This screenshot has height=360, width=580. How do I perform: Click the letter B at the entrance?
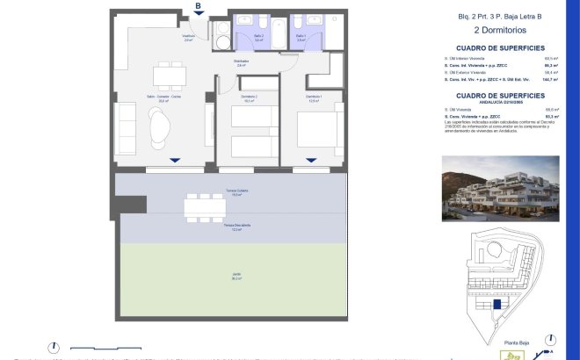[x=198, y=6]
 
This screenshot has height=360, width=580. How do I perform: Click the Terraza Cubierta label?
[x=236, y=192]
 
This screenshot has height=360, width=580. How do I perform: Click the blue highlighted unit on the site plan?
[x=498, y=303]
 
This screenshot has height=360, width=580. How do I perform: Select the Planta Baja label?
[x=518, y=343]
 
